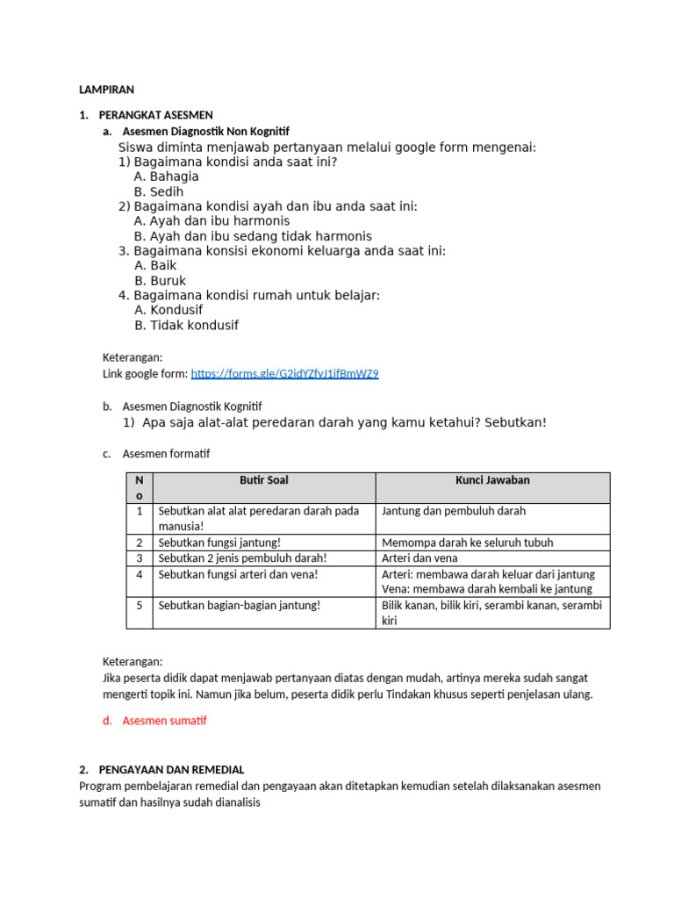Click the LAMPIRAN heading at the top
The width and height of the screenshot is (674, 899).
click(106, 90)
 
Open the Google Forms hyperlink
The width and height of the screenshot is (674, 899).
click(284, 373)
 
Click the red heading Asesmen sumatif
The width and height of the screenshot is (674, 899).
click(164, 721)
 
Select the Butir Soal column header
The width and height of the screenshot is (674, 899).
click(263, 480)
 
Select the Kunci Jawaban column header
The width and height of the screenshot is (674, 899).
click(491, 480)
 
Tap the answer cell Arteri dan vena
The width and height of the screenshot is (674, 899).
click(419, 557)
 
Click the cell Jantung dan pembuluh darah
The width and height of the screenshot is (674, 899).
click(454, 511)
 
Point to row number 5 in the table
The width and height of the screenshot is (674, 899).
click(139, 605)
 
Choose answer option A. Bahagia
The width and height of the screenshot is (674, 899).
click(166, 176)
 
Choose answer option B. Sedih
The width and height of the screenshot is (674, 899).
click(159, 191)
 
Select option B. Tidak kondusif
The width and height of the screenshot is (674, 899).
click(186, 325)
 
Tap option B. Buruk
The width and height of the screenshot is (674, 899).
click(160, 281)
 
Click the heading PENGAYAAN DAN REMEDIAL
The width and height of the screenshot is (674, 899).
click(171, 769)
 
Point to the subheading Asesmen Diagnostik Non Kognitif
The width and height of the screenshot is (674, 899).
click(205, 132)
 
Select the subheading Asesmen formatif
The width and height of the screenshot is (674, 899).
click(166, 454)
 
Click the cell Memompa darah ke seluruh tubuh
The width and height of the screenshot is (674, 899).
click(468, 543)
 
